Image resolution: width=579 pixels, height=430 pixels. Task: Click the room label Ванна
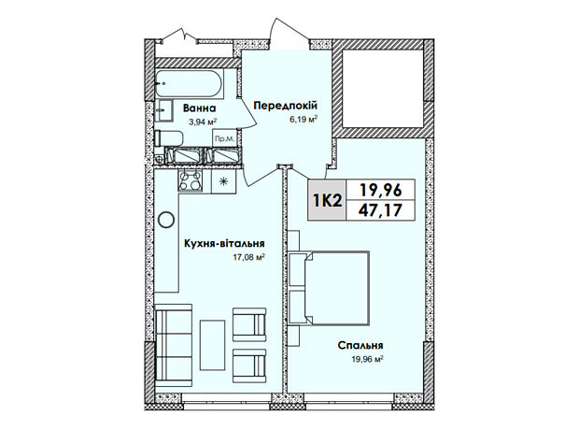pos(200,108)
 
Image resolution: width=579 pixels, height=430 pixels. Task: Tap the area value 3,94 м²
pos(202,122)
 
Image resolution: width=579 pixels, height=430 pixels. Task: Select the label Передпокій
pos(285,106)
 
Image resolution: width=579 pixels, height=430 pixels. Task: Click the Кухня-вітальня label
pos(224,243)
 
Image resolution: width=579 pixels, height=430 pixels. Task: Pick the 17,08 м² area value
pos(249,258)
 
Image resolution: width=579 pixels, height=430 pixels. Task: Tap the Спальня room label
pos(360,345)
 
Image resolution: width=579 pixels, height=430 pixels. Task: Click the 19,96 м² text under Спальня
pos(366,359)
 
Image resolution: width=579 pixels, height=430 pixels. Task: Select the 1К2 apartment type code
pos(327,200)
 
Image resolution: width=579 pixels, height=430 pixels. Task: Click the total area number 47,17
pos(380,210)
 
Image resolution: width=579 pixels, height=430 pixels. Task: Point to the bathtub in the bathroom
pos(189,84)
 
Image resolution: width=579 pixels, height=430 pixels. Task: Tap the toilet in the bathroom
pos(168,138)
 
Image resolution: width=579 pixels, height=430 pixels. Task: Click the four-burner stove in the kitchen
pos(191,180)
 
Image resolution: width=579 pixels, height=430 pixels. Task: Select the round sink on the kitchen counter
pos(166,220)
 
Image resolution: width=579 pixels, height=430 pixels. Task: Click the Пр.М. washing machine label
pos(224,139)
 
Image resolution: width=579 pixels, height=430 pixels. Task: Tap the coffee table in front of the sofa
pos(212,345)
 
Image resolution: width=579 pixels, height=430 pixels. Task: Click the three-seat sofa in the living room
pos(174,345)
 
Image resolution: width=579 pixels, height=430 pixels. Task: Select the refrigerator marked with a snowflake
pos(223,181)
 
